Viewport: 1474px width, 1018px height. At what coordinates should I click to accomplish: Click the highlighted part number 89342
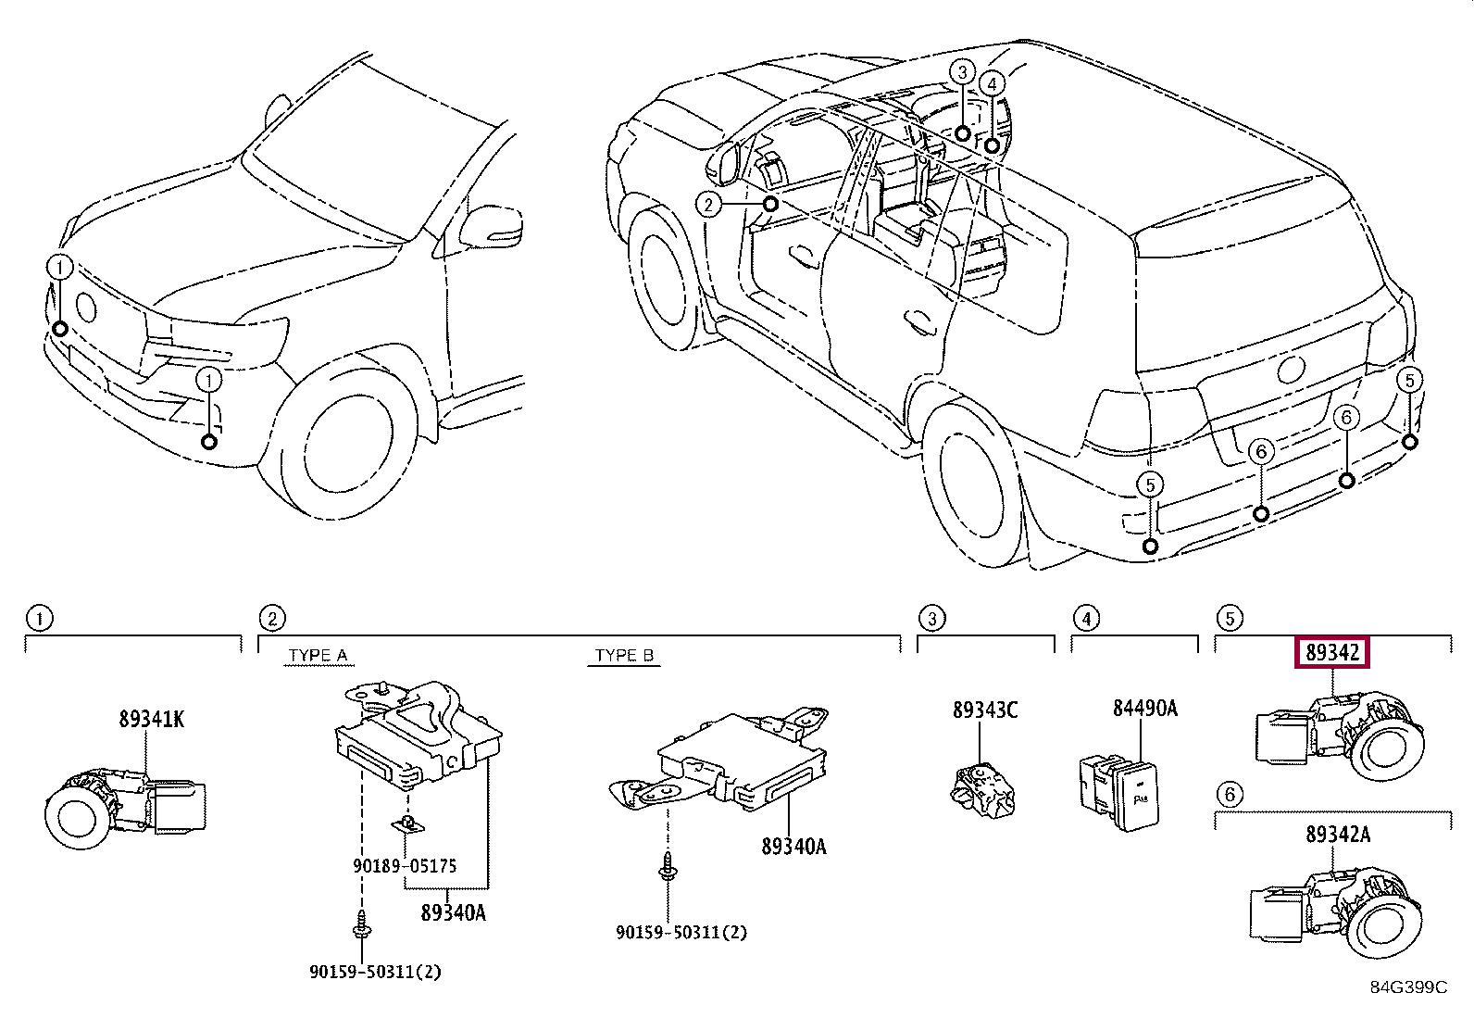coord(1331,652)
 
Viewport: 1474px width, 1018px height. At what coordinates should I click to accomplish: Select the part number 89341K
coord(151,719)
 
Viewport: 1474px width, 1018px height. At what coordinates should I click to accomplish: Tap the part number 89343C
coord(985,710)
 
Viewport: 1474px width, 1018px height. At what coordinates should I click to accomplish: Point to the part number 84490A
coord(1145,708)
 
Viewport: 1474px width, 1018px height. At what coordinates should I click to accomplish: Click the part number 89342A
coord(1338,835)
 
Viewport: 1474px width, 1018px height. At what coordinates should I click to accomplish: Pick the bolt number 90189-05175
coord(405,865)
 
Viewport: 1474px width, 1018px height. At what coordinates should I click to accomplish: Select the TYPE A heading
coord(318,655)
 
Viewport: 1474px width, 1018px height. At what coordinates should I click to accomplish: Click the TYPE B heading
coord(624,655)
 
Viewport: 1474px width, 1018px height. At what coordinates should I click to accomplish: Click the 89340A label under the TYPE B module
coord(793,846)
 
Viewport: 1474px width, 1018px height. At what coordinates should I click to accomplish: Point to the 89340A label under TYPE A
coord(453,912)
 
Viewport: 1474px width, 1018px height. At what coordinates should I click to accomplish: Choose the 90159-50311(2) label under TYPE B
coord(681,932)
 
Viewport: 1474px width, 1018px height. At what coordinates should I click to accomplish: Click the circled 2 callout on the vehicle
coord(708,205)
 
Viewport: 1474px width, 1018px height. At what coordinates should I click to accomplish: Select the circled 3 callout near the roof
coord(963,71)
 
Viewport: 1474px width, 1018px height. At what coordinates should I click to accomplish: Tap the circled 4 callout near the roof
coord(992,83)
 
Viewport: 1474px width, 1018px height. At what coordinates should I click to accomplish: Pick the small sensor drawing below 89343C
coord(982,790)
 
